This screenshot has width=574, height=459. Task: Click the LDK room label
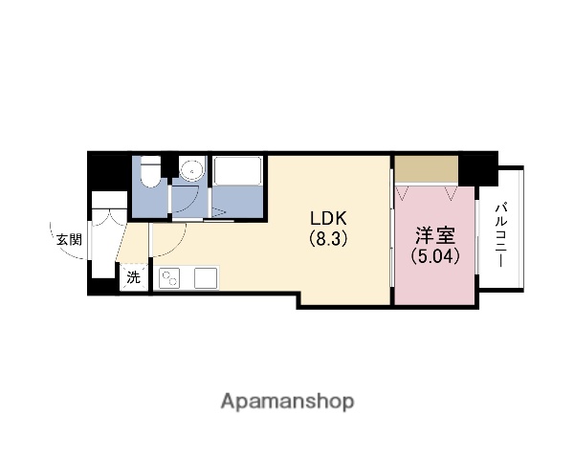click(326, 217)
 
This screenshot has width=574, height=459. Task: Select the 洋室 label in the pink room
click(431, 236)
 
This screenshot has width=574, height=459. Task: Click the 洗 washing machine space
click(134, 278)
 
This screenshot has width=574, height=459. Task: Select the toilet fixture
click(149, 172)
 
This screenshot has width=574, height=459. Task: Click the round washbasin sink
click(191, 171)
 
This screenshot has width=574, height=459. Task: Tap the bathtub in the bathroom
click(239, 173)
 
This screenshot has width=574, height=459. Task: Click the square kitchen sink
click(206, 278)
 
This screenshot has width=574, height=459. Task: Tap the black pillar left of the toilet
click(107, 170)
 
